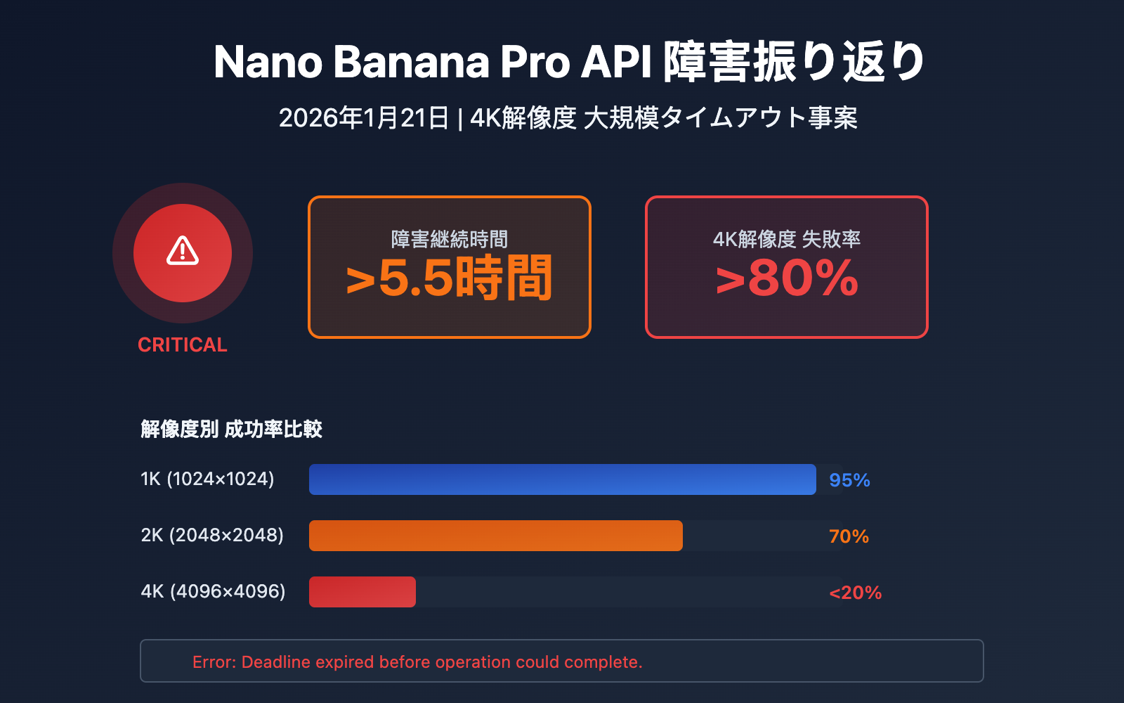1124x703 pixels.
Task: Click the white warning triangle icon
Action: pyautogui.click(x=183, y=251)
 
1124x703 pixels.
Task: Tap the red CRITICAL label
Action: pyautogui.click(x=183, y=344)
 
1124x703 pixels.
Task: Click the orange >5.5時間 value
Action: pyautogui.click(x=449, y=279)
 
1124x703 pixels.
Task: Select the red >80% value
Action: pyautogui.click(x=787, y=279)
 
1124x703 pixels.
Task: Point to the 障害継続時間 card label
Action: pyautogui.click(x=449, y=239)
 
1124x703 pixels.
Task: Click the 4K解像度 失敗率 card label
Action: pyautogui.click(x=787, y=239)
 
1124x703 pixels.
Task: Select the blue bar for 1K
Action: pyautogui.click(x=562, y=479)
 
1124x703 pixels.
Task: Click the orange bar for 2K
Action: pyautogui.click(x=495, y=536)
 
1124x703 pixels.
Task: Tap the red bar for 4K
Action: pyautogui.click(x=362, y=592)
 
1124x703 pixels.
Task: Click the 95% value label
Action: pyautogui.click(x=849, y=480)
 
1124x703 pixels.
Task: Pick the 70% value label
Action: pyautogui.click(x=849, y=536)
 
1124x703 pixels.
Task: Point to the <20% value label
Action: pyautogui.click(x=855, y=593)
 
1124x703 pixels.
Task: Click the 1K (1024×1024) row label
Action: pyautogui.click(x=207, y=479)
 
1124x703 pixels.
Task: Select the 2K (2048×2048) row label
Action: pyautogui.click(x=212, y=535)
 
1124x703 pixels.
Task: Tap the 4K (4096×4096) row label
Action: pyautogui.click(x=213, y=591)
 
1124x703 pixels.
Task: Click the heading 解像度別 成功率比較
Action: pyautogui.click(x=231, y=429)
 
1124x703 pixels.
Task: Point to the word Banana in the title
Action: pyautogui.click(x=411, y=62)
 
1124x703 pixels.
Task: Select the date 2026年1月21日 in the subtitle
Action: pyautogui.click(x=364, y=118)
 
